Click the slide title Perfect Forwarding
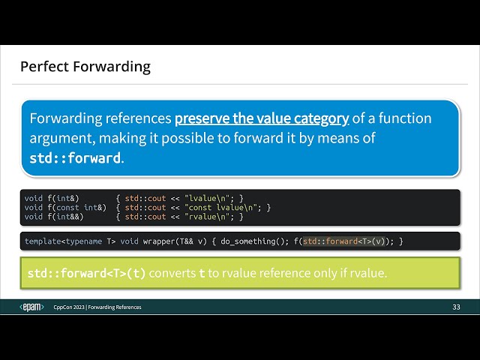(x=85, y=67)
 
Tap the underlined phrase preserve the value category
(x=262, y=118)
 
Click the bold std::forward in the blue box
(x=75, y=158)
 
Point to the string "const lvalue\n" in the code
(x=223, y=208)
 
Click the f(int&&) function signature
(x=65, y=217)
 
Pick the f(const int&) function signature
(x=76, y=208)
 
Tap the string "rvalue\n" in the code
(x=207, y=217)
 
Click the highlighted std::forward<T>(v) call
(x=343, y=241)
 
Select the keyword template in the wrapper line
(x=43, y=241)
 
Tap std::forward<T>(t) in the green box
(x=87, y=273)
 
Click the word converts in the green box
(x=172, y=273)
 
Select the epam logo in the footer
(x=31, y=307)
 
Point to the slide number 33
(x=456, y=307)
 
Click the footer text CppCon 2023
(x=69, y=307)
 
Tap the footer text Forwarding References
(x=115, y=307)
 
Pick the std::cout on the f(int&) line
(x=145, y=198)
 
